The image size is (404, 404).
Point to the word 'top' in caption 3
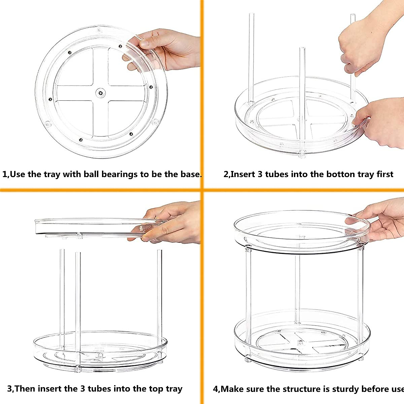(143, 389)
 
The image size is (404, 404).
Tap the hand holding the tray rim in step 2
(380, 121)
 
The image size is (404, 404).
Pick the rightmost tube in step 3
(159, 296)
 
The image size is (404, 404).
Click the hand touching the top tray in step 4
(380, 219)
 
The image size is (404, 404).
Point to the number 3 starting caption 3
(10, 389)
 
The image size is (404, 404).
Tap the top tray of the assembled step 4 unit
(301, 232)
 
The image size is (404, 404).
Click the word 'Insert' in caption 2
(243, 174)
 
